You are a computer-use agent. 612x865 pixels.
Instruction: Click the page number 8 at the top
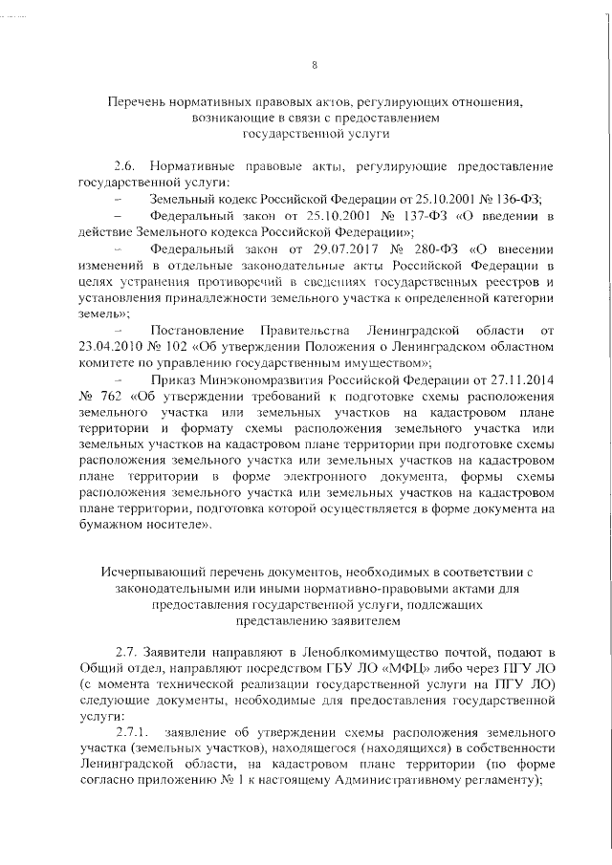click(315, 65)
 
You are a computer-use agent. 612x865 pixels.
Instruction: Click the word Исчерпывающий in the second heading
click(156, 571)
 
